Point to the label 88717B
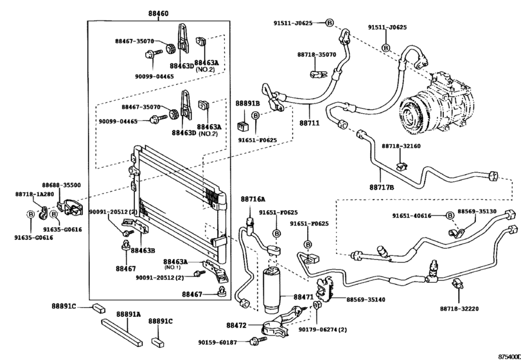click(x=381, y=187)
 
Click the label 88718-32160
click(x=401, y=147)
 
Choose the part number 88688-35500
click(x=62, y=184)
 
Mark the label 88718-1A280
click(x=35, y=194)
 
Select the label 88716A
click(x=252, y=200)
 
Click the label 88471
click(x=303, y=298)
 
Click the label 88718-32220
click(x=461, y=309)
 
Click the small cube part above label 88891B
click(x=244, y=119)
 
